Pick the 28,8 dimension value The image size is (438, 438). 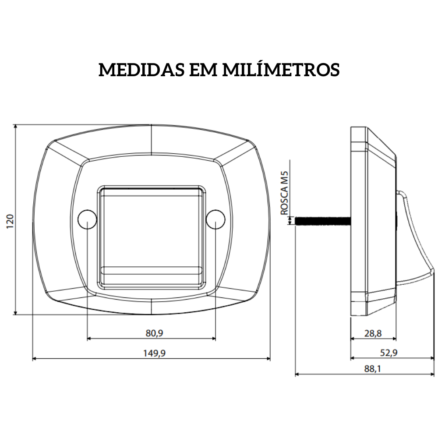[x=373, y=333]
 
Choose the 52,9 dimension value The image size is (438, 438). [x=388, y=353]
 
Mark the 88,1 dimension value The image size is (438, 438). [x=372, y=369]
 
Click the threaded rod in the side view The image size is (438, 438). [x=323, y=221]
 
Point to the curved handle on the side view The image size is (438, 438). [x=418, y=237]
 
